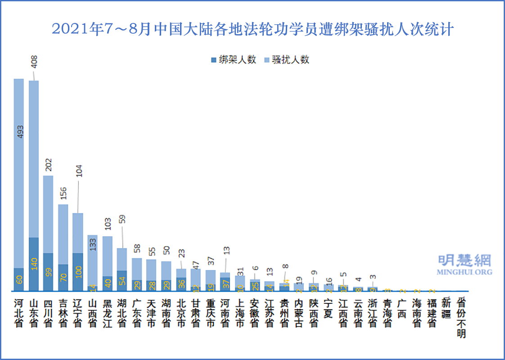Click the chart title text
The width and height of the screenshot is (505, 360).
[252, 30]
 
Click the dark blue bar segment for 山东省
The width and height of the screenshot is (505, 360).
[33, 264]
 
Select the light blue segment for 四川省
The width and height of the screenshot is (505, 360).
[48, 214]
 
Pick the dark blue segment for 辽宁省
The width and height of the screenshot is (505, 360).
[77, 272]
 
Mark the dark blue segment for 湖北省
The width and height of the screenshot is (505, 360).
[122, 280]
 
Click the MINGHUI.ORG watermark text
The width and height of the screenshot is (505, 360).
[464, 272]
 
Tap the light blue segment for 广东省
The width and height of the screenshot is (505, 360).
[137, 269]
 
